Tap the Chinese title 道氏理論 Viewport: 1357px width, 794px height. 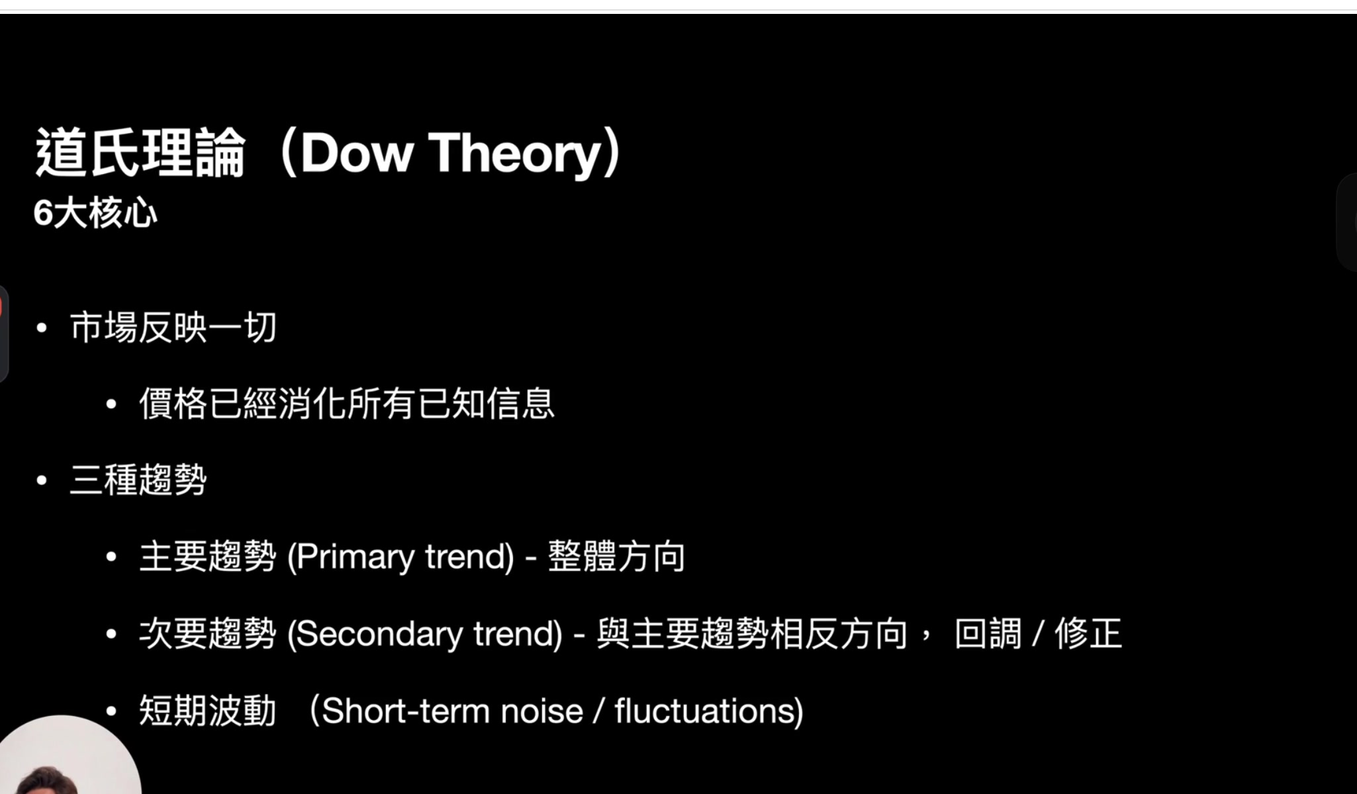pyautogui.click(x=140, y=154)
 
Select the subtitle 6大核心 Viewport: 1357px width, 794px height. pyautogui.click(x=95, y=213)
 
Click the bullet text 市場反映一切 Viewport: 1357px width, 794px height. pyautogui.click(x=173, y=328)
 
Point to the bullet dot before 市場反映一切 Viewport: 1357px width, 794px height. pyautogui.click(x=42, y=328)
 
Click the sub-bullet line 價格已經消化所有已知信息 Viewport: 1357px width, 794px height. pyautogui.click(x=347, y=404)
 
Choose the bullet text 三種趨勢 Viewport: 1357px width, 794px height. pyautogui.click(x=138, y=480)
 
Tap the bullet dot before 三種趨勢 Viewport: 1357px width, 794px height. pyautogui.click(x=42, y=480)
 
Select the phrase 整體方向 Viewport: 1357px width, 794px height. pyautogui.click(x=616, y=556)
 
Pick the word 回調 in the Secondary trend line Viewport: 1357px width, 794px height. pyautogui.click(x=988, y=633)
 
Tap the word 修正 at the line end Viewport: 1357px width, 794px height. pyautogui.click(x=1088, y=633)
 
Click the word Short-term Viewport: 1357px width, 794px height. pyautogui.click(x=405, y=711)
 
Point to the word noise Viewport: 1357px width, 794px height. pyautogui.click(x=542, y=712)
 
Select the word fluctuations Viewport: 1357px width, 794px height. pyautogui.click(x=704, y=711)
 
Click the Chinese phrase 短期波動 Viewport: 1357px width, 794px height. pyautogui.click(x=208, y=711)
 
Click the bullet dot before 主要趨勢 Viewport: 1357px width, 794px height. pyautogui.click(x=111, y=557)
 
